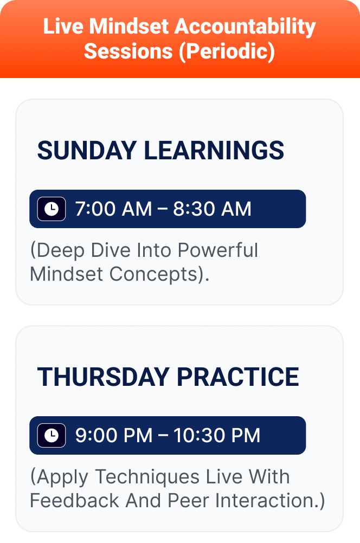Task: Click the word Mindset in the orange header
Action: pos(128,27)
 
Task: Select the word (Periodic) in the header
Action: pos(227,51)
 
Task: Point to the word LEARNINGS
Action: pos(214,151)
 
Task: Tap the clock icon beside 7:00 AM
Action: pos(52,209)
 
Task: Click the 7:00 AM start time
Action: pos(113,209)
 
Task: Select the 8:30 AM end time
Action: pos(212,209)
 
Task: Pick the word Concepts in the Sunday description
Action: pos(157,274)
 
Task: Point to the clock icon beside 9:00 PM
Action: pos(52,435)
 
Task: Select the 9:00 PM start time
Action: pos(114,435)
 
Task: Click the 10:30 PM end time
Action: pos(217,435)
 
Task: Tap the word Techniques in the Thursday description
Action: pos(147,477)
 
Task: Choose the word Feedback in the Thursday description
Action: pos(74,500)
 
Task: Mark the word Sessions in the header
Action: pos(128,51)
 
